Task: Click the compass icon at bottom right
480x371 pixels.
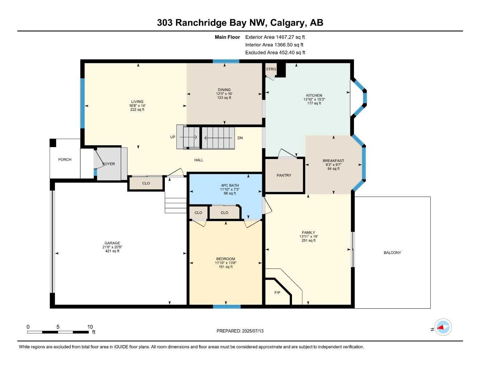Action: point(443,328)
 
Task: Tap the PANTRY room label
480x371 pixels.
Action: point(284,175)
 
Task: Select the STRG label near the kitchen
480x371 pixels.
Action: point(271,69)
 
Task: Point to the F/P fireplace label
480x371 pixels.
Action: point(277,293)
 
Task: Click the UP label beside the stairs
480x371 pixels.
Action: point(173,137)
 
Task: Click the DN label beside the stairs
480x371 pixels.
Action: point(240,138)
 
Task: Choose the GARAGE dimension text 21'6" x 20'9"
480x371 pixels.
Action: point(112,247)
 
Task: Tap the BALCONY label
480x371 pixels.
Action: point(392,253)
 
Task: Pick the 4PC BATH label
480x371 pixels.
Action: point(230,185)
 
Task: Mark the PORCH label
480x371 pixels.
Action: point(65,159)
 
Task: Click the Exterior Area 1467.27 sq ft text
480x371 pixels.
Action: point(275,37)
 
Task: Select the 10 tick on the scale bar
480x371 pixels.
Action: point(90,327)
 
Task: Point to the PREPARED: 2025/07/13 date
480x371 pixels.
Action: point(240,331)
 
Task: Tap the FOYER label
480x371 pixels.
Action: point(108,164)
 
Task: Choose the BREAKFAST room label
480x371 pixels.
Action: point(333,161)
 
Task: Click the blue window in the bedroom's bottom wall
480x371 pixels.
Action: point(226,307)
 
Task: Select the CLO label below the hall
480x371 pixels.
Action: point(146,183)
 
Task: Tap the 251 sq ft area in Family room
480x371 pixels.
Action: point(309,241)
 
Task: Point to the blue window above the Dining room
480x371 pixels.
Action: point(226,61)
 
